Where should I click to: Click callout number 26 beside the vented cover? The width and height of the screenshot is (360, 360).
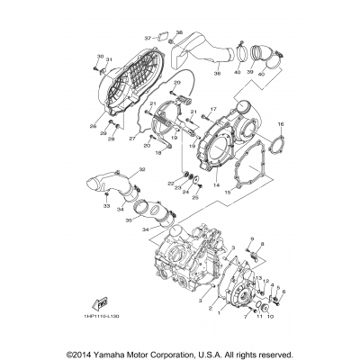[x=91, y=127]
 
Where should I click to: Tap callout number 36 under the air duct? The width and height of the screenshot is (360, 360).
[x=216, y=74]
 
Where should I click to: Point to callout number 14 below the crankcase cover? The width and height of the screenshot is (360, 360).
[x=215, y=184]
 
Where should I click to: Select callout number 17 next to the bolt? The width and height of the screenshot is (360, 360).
[x=215, y=110]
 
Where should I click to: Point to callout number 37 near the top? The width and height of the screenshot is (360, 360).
[x=148, y=39]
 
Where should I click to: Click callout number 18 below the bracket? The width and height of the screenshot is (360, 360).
[x=158, y=154]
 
